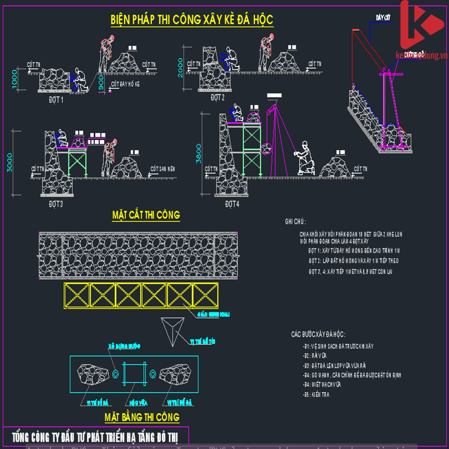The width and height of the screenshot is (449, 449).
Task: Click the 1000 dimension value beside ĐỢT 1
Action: tap(14, 79)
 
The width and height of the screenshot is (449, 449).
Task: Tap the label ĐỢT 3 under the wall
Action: tap(56, 204)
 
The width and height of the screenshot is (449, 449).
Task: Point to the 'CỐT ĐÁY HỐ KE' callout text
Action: tap(126, 84)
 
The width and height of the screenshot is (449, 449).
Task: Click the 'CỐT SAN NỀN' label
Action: tap(163, 169)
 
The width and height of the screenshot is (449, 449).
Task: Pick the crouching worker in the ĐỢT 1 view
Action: tap(79, 80)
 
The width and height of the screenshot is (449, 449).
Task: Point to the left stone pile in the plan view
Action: tap(94, 374)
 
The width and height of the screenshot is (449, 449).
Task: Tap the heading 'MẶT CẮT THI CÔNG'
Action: tap(146, 216)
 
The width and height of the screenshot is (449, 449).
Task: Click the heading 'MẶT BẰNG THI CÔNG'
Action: tap(142, 417)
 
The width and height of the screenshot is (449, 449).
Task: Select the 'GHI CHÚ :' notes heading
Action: tap(295, 222)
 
